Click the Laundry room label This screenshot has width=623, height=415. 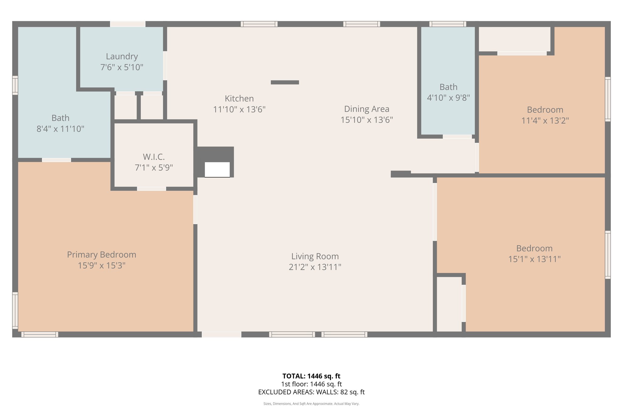coord(122,57)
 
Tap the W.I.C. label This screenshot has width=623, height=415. coord(154,157)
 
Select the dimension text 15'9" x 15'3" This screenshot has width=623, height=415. coord(102,265)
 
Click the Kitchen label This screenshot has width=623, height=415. coord(239,99)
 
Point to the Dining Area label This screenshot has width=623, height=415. coord(367,109)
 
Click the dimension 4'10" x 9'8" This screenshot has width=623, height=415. coord(448,98)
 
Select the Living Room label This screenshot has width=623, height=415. coord(315,256)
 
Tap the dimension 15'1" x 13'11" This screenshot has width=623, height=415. coord(534,259)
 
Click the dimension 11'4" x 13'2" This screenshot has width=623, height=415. coord(545,121)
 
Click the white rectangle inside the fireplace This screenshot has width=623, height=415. coord(217,169)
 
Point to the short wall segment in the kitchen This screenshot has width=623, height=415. coord(285,82)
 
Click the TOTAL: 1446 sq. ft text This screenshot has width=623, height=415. coord(311,376)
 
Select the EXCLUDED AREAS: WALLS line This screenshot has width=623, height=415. coord(311,392)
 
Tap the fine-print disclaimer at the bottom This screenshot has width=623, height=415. coord(311,404)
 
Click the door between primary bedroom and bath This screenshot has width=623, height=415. coord(57,160)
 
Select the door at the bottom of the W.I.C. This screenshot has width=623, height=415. coord(151,189)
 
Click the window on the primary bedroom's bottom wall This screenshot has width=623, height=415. coord(40,334)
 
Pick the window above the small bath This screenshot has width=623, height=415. coord(447,24)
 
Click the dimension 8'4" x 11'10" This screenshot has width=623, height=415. coord(60,129)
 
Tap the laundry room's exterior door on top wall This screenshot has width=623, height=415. coord(127,24)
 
